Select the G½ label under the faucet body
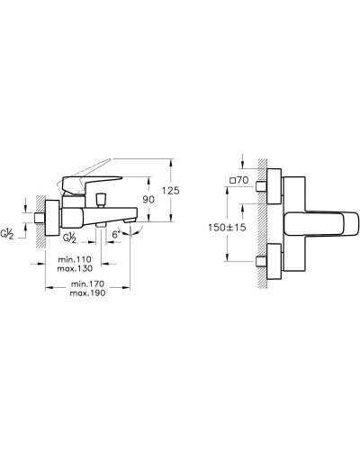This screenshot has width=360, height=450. [x=68, y=236]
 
